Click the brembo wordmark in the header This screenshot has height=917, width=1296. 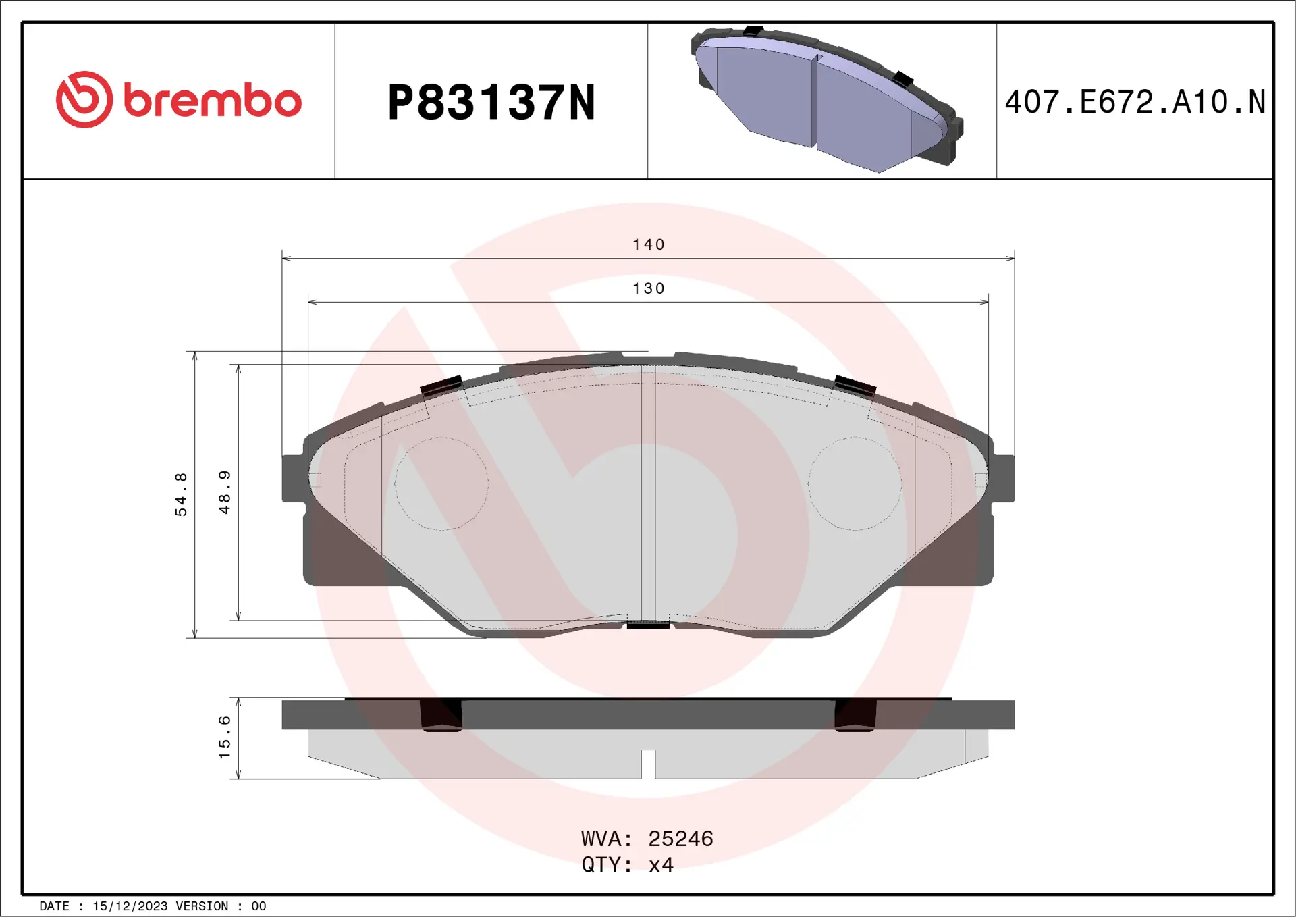pos(213,101)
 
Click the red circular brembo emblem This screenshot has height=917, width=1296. pos(84,99)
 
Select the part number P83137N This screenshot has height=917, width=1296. pos(491,103)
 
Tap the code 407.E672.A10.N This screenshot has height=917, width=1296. pos(1135,102)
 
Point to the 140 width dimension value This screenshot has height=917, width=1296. pos(649,244)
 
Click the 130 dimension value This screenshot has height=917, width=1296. pos(649,288)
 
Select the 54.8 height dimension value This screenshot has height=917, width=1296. pos(181,494)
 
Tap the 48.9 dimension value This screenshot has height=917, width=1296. pos(225,492)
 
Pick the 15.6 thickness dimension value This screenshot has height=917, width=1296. pos(225,737)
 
